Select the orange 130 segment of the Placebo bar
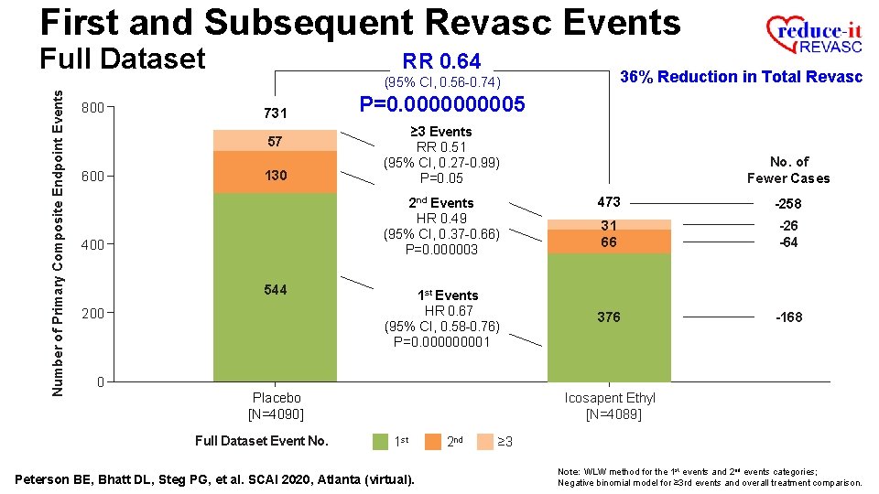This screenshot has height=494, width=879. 275,175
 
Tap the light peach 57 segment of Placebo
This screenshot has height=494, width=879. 275,141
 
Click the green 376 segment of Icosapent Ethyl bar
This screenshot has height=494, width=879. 609,317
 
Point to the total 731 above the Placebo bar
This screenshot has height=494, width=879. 275,113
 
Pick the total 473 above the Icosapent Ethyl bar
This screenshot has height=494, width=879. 609,202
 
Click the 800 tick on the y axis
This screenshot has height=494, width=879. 92,108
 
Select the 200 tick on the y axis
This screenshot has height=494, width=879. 92,313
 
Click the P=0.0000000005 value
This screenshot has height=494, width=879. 442,104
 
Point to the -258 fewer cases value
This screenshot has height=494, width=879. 788,204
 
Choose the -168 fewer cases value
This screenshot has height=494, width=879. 788,317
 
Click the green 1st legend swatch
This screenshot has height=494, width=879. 380,441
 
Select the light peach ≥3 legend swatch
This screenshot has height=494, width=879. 486,441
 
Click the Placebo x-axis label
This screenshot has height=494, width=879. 276,398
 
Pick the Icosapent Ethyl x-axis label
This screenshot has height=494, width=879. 609,398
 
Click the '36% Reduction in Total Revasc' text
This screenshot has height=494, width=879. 742,77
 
